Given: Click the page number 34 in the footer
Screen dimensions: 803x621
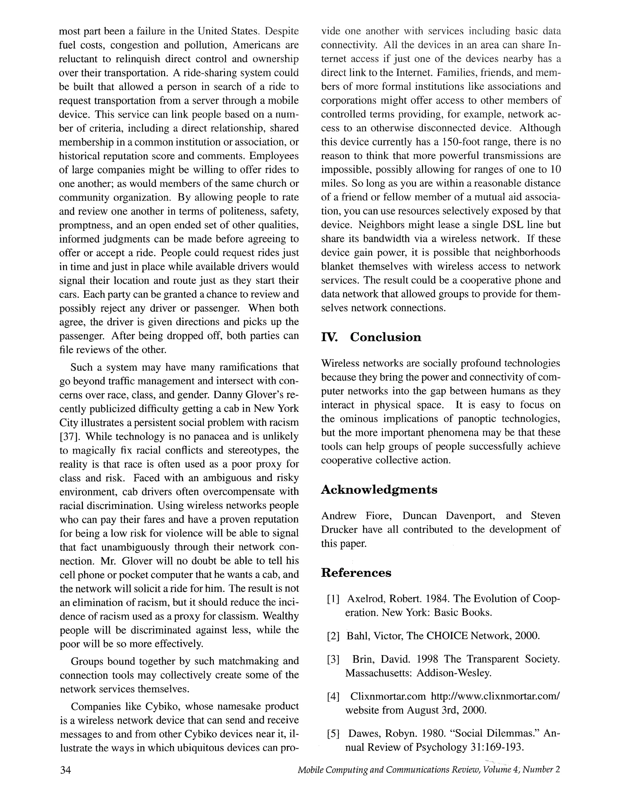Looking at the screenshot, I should tap(65, 770).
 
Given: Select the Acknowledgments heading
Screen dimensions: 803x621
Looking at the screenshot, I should tap(379, 490).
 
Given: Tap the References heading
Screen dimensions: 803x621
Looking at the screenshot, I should tap(356, 573).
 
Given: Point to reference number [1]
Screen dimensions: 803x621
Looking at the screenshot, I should tap(333, 599).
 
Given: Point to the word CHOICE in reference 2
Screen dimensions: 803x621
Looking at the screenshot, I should tap(447, 636).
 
